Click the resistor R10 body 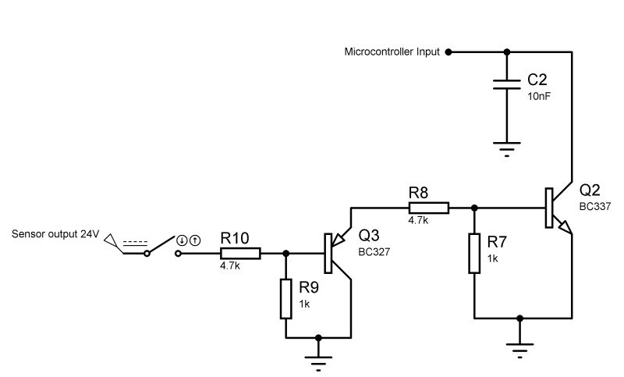pos(240,254)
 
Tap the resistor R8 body pos(428,208)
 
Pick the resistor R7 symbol pos(474,253)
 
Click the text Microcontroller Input pos(392,52)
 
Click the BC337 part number pos(594,206)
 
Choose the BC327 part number pos(374,252)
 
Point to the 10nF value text pos(539,96)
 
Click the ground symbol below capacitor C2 pos(508,148)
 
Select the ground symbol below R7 pos(520,349)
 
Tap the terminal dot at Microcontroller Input pos(448,52)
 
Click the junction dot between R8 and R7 pos(474,208)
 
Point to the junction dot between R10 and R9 pos(286,254)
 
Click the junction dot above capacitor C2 pos(508,52)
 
